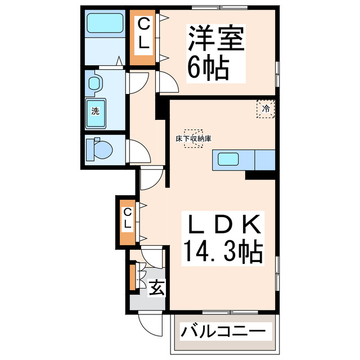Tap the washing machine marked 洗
click(x=96, y=110)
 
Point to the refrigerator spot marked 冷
click(x=265, y=108)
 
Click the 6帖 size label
click(x=208, y=68)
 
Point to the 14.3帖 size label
click(x=222, y=251)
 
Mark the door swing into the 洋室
click(x=167, y=83)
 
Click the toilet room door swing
click(x=139, y=152)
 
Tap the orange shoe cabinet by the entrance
click(x=132, y=276)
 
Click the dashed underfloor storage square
click(x=195, y=137)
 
